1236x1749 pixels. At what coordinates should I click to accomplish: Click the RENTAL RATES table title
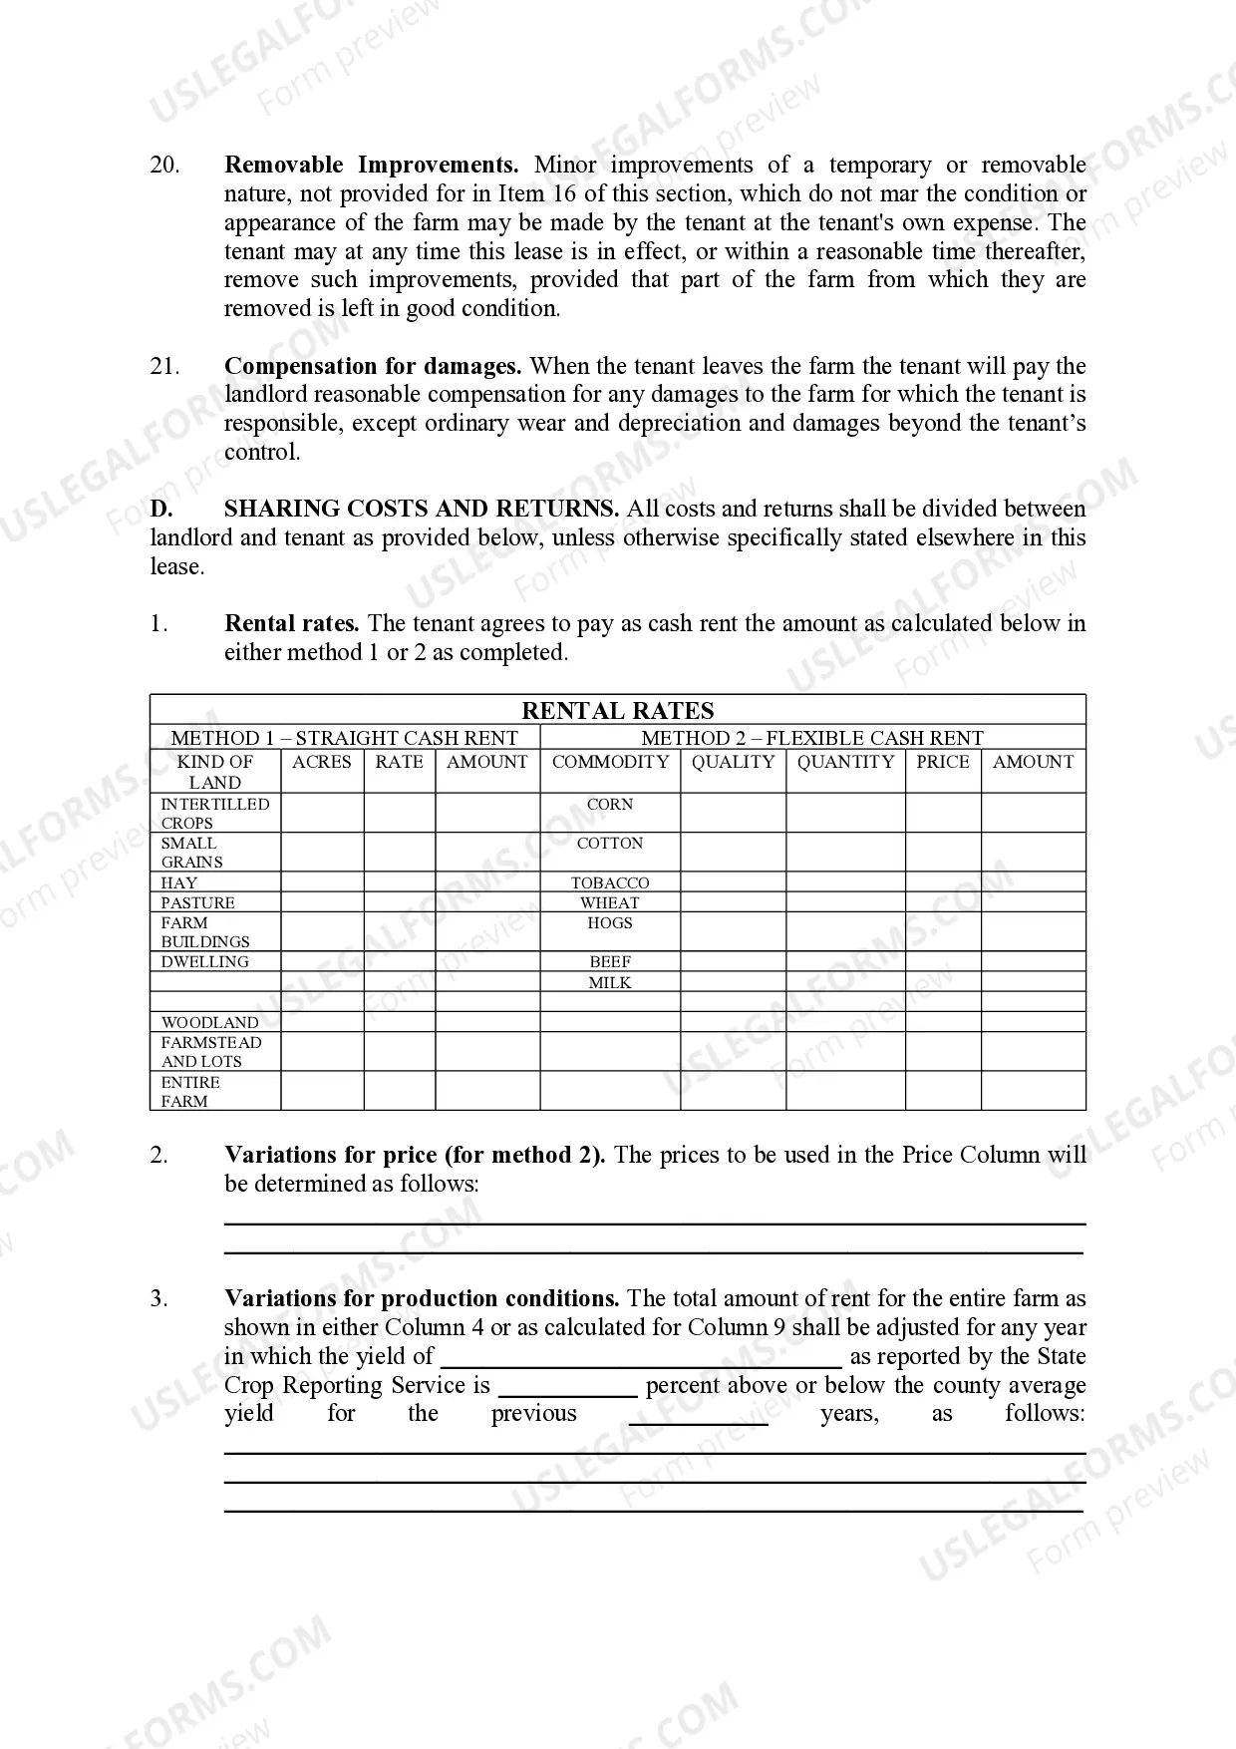click(x=617, y=710)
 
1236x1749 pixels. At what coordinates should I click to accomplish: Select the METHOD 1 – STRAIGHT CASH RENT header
click(x=344, y=738)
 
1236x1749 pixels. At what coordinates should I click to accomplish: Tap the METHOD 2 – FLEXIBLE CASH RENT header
click(x=811, y=738)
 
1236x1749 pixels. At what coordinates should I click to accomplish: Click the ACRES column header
click(x=321, y=762)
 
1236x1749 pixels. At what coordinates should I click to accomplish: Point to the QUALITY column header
click(x=733, y=762)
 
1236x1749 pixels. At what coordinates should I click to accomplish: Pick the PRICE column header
click(x=942, y=762)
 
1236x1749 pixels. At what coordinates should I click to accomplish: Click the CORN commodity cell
click(x=609, y=804)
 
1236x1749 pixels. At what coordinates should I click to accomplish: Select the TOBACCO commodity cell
click(x=609, y=882)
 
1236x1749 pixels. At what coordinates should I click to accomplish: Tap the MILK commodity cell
click(x=609, y=982)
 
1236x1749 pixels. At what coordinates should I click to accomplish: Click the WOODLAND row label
click(x=209, y=1022)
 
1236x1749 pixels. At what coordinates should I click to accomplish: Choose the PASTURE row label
click(x=197, y=902)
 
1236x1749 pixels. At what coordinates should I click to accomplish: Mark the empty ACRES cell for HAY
click(x=321, y=882)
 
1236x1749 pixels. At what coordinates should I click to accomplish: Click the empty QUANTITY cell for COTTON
click(x=844, y=852)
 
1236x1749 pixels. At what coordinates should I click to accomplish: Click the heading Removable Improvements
click(x=371, y=165)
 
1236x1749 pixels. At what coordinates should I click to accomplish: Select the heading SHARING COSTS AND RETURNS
click(x=421, y=509)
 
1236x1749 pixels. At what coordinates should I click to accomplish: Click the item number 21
click(x=164, y=366)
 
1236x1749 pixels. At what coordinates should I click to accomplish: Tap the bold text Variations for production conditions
click(x=422, y=1298)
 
